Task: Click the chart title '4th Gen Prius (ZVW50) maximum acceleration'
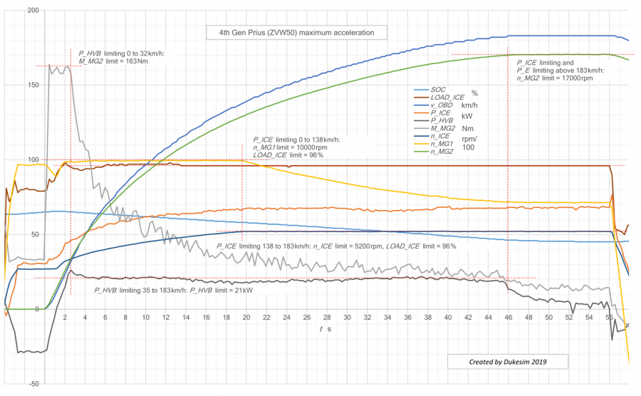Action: (296, 33)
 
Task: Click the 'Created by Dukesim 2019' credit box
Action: (508, 362)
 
